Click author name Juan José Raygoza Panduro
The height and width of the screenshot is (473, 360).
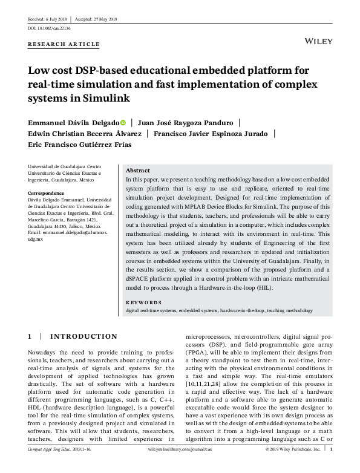coord(186,122)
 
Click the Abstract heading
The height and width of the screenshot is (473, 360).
coord(137,171)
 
